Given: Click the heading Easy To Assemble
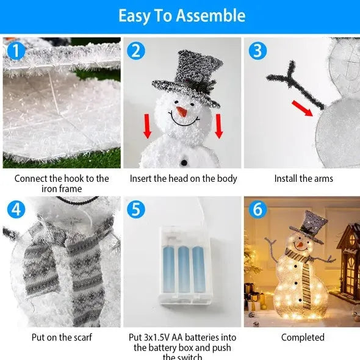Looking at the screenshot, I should (181, 15).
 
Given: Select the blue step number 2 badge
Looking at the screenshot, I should (135, 51).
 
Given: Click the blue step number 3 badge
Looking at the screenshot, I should (257, 51).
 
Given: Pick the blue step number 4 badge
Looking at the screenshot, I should (15, 210).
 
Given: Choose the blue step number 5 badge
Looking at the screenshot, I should (136, 210).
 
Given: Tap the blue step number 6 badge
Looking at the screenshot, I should (257, 210).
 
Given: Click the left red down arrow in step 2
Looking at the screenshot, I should (147, 125).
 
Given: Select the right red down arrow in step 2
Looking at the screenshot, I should (218, 125).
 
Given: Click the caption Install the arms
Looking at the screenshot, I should (303, 179).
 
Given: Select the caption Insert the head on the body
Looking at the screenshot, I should (183, 179).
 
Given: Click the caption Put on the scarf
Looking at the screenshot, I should (62, 337).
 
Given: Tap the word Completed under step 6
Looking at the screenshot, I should (303, 337).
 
